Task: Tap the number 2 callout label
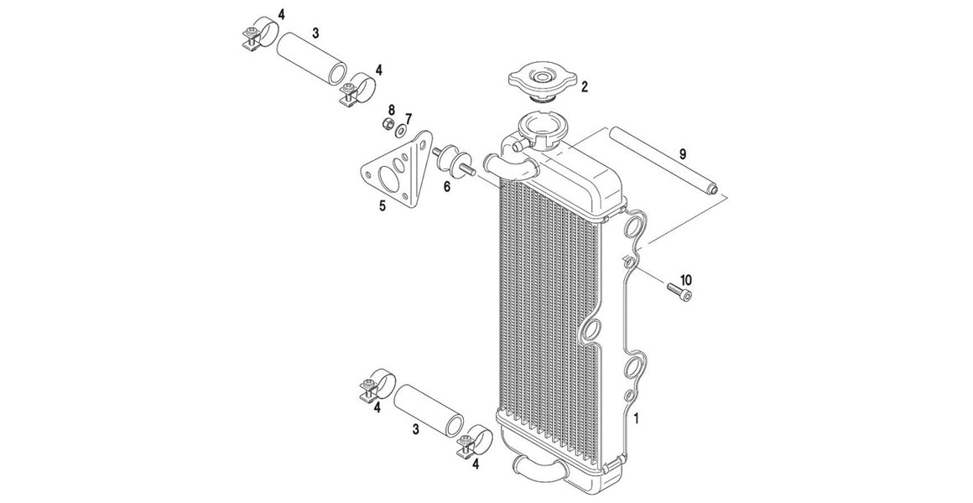click(x=585, y=86)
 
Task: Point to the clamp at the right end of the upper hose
click(x=358, y=90)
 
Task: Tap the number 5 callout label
click(x=382, y=205)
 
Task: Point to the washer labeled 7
click(x=401, y=131)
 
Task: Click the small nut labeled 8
click(x=388, y=125)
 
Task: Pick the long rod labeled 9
click(x=663, y=166)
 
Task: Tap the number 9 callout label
click(x=683, y=153)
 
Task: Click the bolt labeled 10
click(x=679, y=291)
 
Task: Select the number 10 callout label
click(x=685, y=279)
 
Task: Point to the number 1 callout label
click(x=637, y=417)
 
